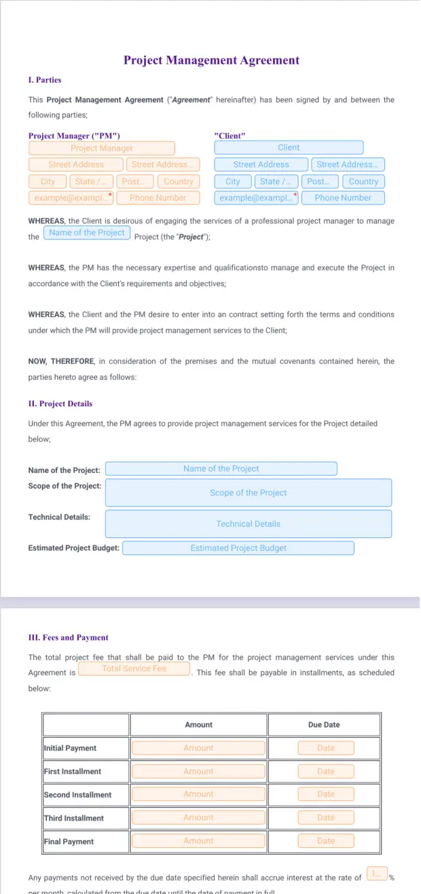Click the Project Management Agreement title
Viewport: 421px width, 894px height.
coord(211,60)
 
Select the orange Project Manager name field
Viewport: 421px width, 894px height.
coord(102,148)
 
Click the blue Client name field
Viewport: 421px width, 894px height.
coord(289,147)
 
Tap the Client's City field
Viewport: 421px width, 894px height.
coord(233,181)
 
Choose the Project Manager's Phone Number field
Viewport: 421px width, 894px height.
coord(158,198)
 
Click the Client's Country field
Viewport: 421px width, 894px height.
coord(363,181)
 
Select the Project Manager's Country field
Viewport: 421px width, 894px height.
coord(179,181)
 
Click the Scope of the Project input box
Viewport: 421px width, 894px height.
coord(248,493)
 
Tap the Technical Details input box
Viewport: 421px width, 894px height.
coord(248,524)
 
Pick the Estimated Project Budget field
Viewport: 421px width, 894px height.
coord(238,548)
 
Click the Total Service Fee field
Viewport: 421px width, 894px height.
coord(134,668)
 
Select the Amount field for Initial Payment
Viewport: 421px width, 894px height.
coord(198,748)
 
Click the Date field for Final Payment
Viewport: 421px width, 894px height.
coord(326,841)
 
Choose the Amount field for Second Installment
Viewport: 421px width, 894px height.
coord(198,794)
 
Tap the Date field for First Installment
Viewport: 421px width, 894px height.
coord(326,771)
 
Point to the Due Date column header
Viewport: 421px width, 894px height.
coord(324,725)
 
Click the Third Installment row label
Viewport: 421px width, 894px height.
coord(74,818)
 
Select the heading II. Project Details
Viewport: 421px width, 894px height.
coord(60,404)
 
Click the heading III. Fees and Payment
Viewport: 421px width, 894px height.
coord(69,638)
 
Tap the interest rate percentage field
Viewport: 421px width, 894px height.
coord(376,872)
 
